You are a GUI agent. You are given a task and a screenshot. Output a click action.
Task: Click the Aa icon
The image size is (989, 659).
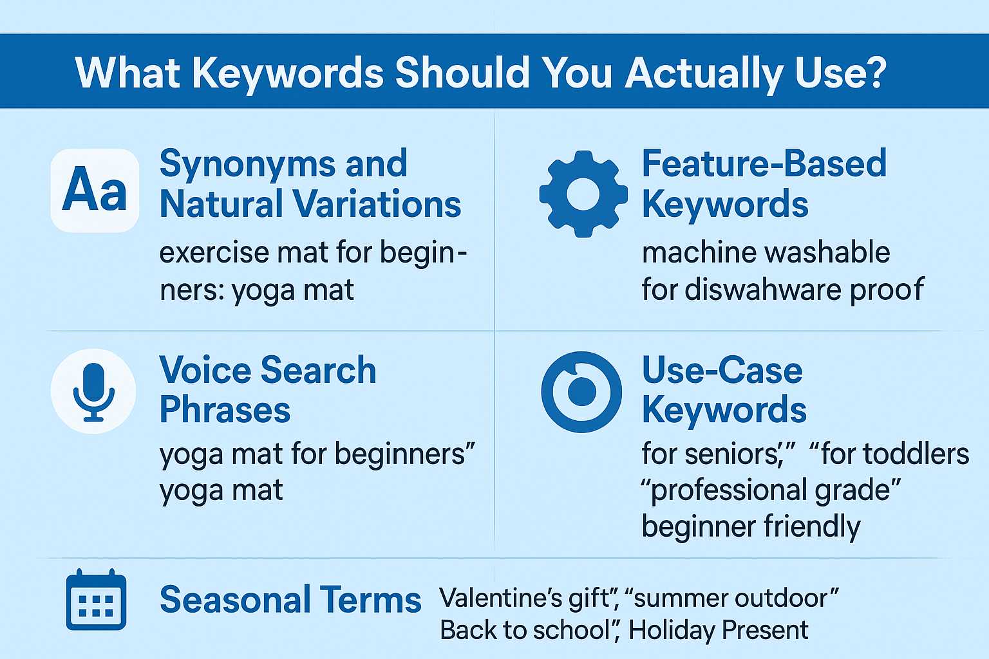click(x=95, y=190)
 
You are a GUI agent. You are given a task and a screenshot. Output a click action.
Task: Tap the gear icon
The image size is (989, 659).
click(x=583, y=194)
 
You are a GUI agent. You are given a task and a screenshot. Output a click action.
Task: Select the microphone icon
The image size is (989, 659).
click(x=93, y=391)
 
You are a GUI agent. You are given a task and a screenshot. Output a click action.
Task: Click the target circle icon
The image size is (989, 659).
click(x=581, y=391)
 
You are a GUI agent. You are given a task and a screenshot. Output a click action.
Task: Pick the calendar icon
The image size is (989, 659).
click(x=96, y=600)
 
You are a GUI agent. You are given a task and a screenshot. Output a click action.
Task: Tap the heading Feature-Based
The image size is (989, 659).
click(x=764, y=164)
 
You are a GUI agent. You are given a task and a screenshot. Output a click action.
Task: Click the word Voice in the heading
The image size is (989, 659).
click(x=205, y=371)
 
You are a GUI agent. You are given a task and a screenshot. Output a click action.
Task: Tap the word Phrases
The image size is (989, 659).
click(x=225, y=411)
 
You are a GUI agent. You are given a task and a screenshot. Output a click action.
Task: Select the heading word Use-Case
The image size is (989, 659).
click(x=722, y=371)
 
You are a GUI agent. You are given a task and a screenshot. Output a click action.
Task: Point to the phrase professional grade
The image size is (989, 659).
click(x=770, y=490)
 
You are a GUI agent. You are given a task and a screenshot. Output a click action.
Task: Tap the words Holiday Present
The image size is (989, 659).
click(x=718, y=630)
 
